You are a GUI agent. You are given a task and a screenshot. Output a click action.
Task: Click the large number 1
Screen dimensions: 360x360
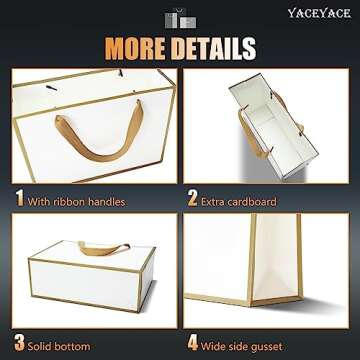(19, 199)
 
